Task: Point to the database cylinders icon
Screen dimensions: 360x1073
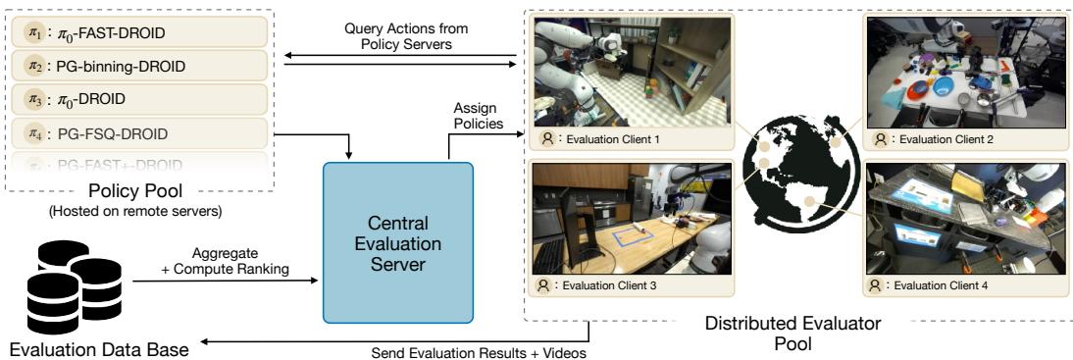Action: [67, 285]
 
